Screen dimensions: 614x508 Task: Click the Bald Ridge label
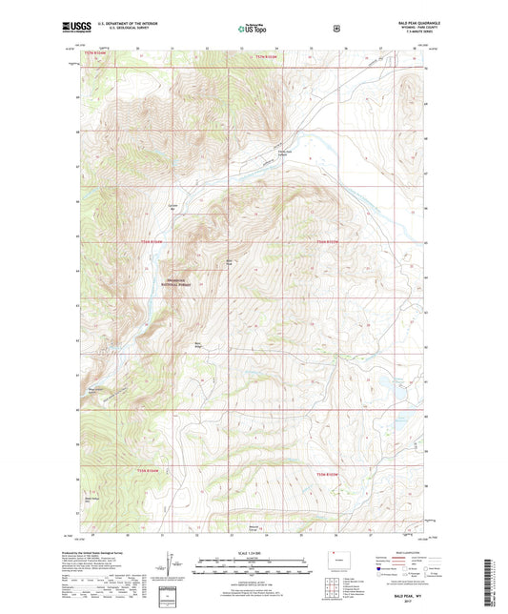point(199,345)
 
